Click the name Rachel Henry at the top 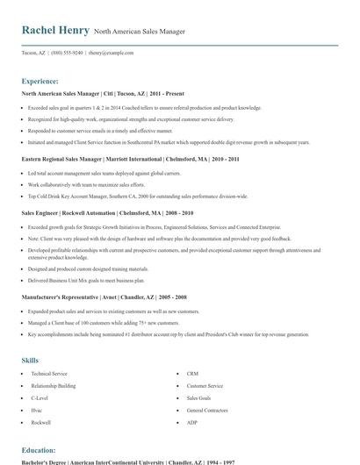tap(55, 31)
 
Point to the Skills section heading tap(31, 359)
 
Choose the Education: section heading tap(40, 449)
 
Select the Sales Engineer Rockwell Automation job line tap(107, 213)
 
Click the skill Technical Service tap(49, 374)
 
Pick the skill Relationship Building tap(54, 385)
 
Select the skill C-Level tap(40, 397)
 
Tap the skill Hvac tap(38, 410)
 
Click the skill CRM tap(192, 374)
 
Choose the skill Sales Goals tap(199, 397)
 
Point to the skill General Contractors tap(207, 410)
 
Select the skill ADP tap(192, 422)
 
